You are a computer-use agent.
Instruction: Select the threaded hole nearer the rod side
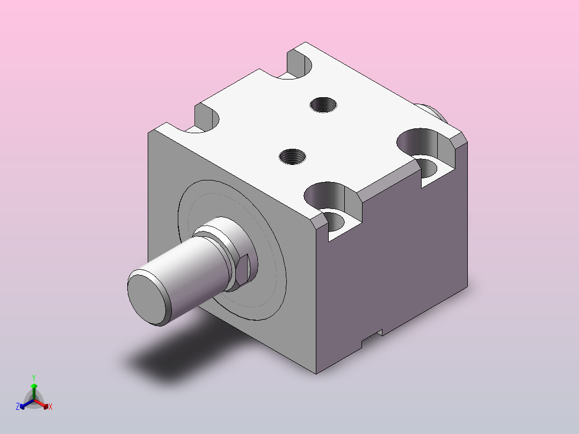coord(292,157)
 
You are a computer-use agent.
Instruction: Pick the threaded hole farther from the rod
coord(323,105)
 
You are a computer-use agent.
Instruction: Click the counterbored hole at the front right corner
coord(332,207)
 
